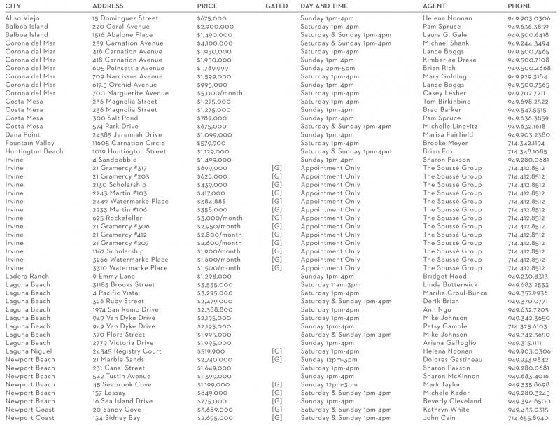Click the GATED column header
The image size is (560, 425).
click(x=277, y=6)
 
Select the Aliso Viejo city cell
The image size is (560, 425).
click(x=22, y=18)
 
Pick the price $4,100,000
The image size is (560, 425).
click(x=215, y=43)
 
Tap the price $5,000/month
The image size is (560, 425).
click(x=220, y=93)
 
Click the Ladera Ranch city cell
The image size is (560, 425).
click(x=27, y=276)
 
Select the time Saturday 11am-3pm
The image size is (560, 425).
click(x=330, y=284)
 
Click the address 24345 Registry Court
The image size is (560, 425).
click(x=127, y=351)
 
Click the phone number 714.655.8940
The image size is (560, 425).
click(x=528, y=418)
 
